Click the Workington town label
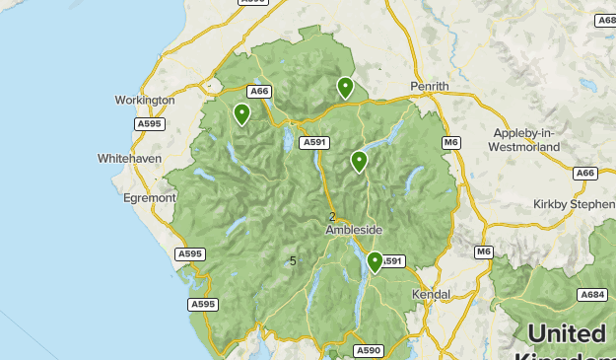click(144, 100)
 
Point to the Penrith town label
click(429, 87)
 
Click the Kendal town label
click(432, 294)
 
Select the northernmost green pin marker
click(345, 87)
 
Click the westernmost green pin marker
click(241, 114)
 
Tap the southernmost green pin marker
click(375, 261)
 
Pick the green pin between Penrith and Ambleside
click(359, 161)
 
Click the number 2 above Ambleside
click(332, 217)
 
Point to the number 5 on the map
click(293, 260)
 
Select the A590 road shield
click(369, 350)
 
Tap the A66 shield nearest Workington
click(259, 92)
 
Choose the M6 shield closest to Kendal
click(483, 252)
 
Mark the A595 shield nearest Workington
click(150, 123)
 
